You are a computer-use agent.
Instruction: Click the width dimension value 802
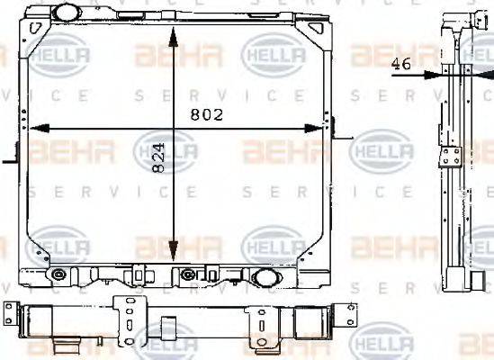click(x=205, y=115)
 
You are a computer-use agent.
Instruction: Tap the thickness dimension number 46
click(x=404, y=64)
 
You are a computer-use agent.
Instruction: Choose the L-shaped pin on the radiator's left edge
click(x=11, y=158)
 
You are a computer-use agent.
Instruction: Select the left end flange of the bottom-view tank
click(x=10, y=316)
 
